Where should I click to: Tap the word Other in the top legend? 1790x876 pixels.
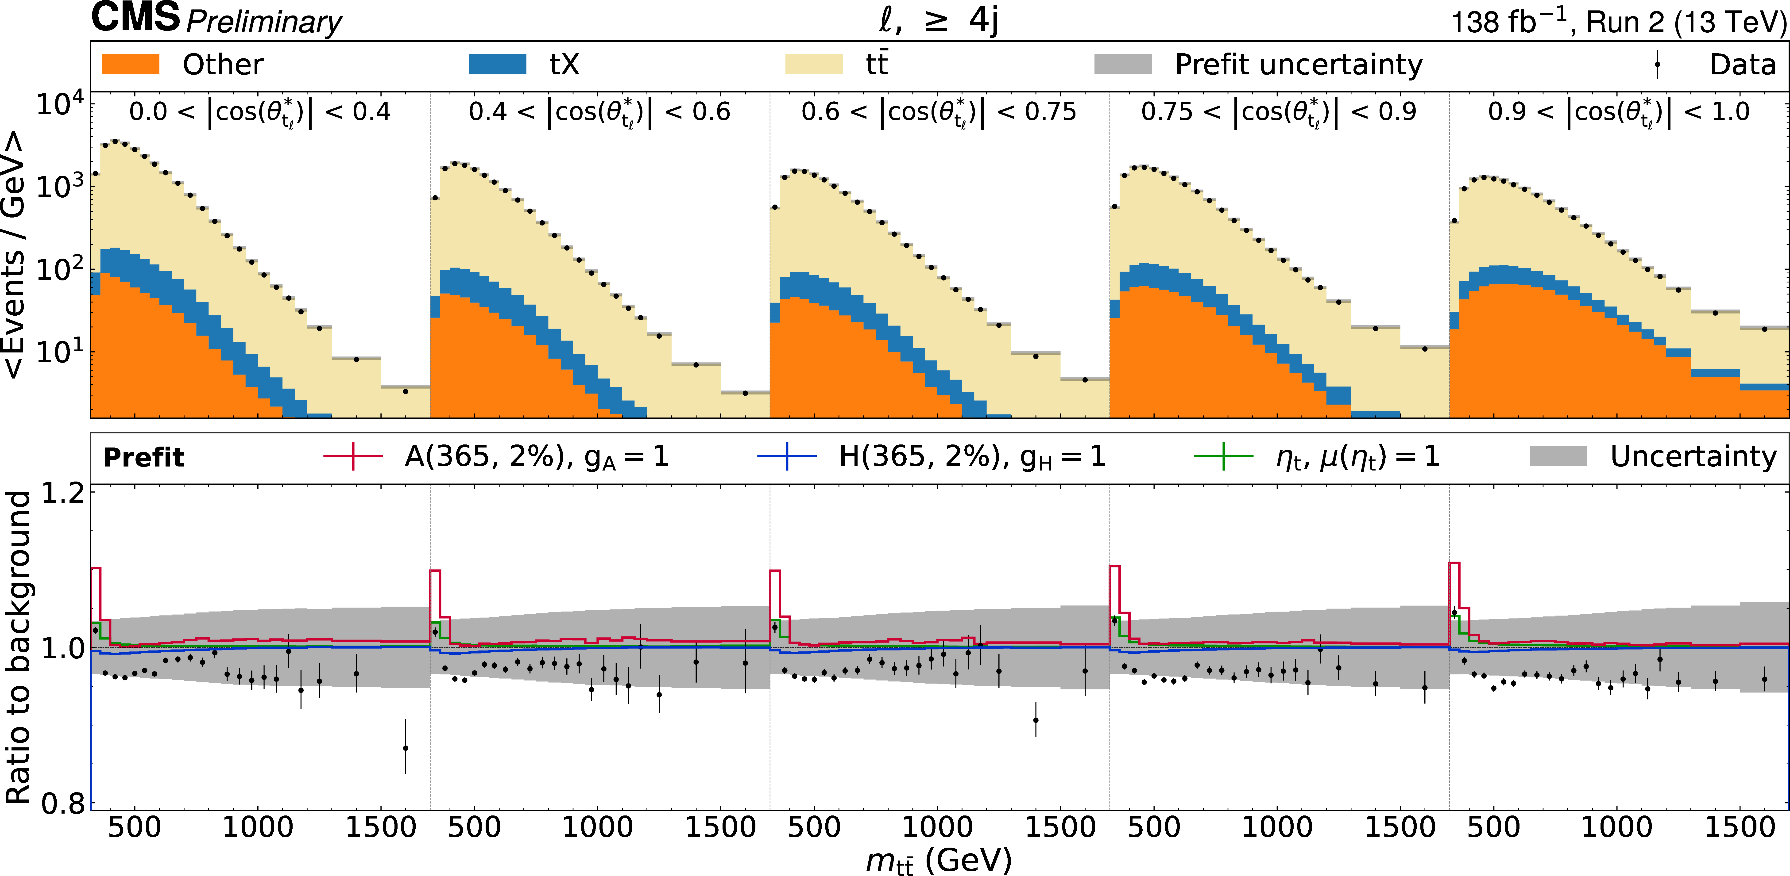click(x=223, y=65)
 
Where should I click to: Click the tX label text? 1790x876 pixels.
click(x=564, y=65)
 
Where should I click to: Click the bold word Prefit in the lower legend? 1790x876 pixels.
click(x=144, y=457)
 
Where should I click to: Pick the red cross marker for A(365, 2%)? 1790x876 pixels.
click(x=353, y=456)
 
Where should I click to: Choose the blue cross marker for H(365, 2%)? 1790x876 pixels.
click(x=787, y=456)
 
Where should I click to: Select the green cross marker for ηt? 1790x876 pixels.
click(x=1223, y=456)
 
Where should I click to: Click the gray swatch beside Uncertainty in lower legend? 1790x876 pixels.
click(x=1558, y=456)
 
